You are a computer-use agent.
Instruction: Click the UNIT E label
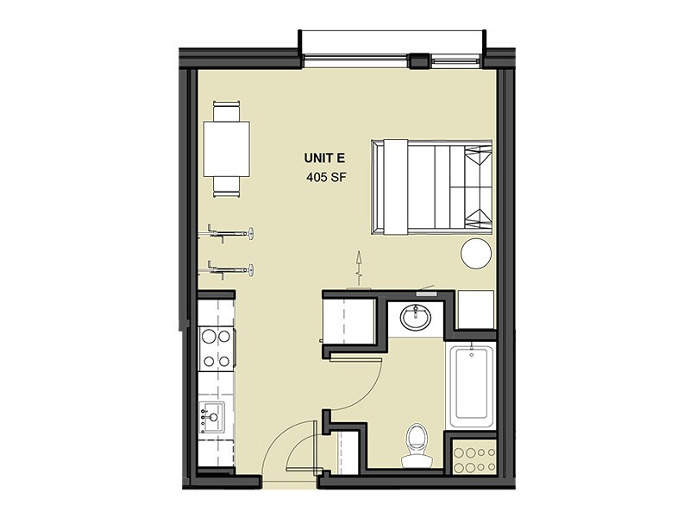325,158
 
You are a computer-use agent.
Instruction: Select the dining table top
227,148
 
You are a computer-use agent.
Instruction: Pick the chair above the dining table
228,112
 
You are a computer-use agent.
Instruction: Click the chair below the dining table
228,184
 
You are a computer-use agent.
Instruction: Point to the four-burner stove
216,347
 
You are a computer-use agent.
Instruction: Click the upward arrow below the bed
360,264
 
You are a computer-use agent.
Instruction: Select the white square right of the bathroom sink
475,309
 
